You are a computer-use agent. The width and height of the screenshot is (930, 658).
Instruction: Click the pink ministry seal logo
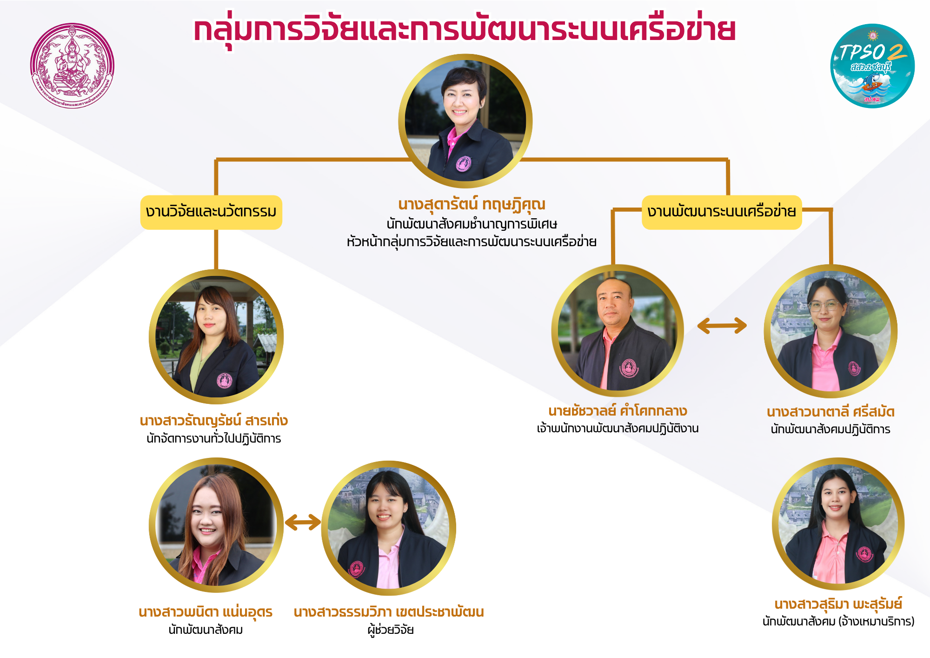click(x=72, y=66)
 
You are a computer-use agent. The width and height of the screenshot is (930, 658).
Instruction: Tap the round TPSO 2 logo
click(x=872, y=66)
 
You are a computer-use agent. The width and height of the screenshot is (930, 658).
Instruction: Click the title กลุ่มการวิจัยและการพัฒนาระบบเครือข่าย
click(x=464, y=30)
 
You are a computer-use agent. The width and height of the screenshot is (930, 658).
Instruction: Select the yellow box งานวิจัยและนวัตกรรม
click(x=211, y=212)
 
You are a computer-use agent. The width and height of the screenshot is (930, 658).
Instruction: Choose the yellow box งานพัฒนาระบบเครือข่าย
click(x=721, y=212)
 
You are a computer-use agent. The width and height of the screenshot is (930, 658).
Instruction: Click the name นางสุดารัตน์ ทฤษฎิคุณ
click(x=472, y=204)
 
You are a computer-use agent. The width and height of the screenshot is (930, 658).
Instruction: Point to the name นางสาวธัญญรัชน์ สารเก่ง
click(x=213, y=421)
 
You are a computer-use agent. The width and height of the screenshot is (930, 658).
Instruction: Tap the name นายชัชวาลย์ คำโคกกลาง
click(x=618, y=411)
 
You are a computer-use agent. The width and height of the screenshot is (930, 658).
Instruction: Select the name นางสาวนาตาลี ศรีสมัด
click(x=830, y=412)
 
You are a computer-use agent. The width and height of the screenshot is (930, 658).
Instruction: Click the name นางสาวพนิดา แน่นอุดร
click(x=206, y=611)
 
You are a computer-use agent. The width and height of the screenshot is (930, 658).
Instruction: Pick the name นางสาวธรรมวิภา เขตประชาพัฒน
click(x=389, y=611)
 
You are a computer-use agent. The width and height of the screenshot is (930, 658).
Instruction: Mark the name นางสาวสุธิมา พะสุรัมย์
click(x=838, y=604)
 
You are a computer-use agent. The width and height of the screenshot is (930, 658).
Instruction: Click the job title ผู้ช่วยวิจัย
click(x=390, y=630)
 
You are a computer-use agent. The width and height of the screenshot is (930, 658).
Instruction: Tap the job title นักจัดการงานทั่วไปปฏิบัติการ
click(x=213, y=438)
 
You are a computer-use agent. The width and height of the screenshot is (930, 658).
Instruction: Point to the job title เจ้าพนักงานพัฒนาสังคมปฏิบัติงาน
click(x=618, y=428)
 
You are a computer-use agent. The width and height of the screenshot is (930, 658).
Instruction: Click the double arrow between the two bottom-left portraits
click(x=303, y=522)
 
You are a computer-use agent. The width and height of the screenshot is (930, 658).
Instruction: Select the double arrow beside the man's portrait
click(x=722, y=325)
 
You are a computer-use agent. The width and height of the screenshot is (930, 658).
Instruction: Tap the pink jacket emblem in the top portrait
click(x=463, y=163)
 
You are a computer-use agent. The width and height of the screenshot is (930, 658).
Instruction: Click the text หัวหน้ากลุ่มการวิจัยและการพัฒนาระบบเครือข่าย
click(x=472, y=242)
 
